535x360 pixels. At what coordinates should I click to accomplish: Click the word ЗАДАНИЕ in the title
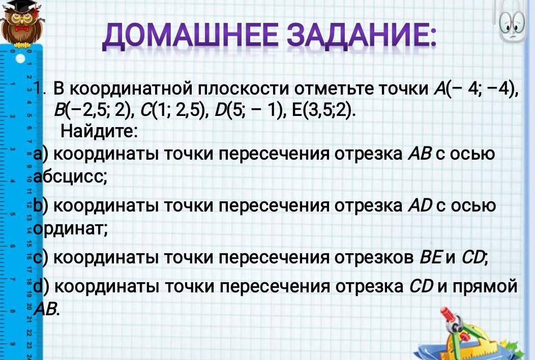(x=362, y=36)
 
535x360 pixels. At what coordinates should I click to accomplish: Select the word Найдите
(x=99, y=131)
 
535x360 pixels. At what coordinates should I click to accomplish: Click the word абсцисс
(x=71, y=176)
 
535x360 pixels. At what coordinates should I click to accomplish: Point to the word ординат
(x=71, y=229)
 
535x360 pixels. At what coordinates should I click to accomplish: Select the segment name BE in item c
(x=431, y=257)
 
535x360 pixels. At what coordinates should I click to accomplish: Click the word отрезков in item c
(x=374, y=258)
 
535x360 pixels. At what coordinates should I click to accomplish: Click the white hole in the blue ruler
(x=20, y=58)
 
